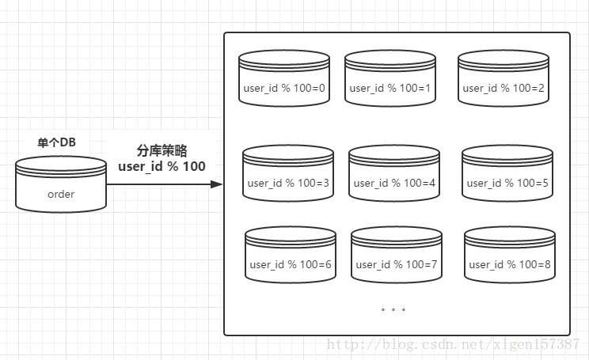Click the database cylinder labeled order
tap(61, 184)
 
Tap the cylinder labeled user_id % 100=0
tap(284, 78)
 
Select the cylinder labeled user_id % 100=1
tap(390, 78)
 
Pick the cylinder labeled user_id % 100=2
tap(503, 78)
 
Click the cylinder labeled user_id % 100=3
tap(288, 173)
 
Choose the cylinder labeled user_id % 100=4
tap(394, 173)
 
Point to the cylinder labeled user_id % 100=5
tap(507, 173)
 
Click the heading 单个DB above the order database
tap(56, 143)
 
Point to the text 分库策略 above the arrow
tap(161, 150)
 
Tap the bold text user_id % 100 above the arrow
tap(161, 166)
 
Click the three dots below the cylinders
tap(393, 309)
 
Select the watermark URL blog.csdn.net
tap(454, 344)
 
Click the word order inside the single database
tap(61, 194)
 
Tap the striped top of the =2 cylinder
tap(503, 59)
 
